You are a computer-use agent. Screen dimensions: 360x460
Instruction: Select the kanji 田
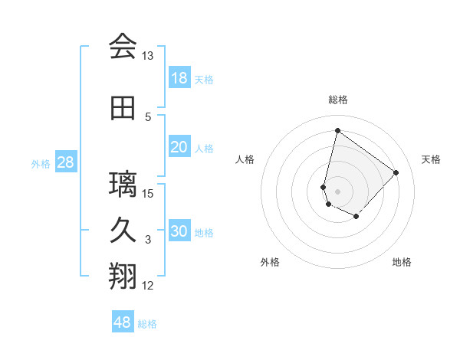coord(123,108)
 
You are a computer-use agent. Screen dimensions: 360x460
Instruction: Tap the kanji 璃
coord(123,185)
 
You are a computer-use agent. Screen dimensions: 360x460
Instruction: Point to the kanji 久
coord(123,231)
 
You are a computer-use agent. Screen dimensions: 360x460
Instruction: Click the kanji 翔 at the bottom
coord(123,277)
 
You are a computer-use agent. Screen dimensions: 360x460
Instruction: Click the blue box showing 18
coord(179,78)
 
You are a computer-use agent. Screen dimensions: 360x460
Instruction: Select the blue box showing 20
coord(179,147)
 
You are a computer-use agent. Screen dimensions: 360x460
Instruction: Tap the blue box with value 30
coord(179,231)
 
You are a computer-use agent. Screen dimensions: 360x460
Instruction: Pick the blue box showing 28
coord(64,162)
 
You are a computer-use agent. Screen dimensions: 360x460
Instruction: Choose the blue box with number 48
coord(123,322)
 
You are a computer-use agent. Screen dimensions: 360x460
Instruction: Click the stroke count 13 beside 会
coord(148,56)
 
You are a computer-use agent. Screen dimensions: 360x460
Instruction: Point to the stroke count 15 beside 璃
coord(148,193)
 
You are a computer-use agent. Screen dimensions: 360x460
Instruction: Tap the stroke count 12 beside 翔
coord(148,286)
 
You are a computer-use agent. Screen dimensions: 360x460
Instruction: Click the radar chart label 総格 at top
coord(338,100)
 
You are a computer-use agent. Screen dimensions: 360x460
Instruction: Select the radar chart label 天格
coord(431,159)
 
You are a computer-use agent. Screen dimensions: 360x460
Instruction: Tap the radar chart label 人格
coord(245,159)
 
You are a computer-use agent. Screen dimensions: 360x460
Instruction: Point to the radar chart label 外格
coord(270,262)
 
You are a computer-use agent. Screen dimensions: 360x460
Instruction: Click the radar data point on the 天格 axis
coord(396,172)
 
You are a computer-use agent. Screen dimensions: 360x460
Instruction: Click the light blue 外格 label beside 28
coord(41,163)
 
